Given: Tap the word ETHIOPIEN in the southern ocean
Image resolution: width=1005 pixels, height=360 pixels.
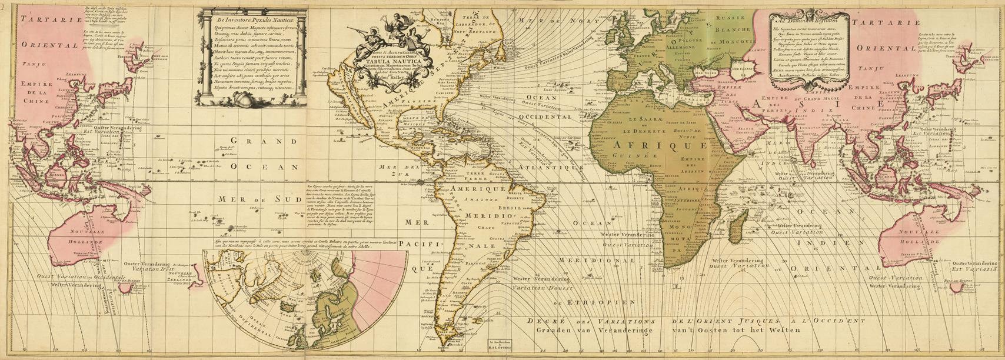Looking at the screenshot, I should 594,302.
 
